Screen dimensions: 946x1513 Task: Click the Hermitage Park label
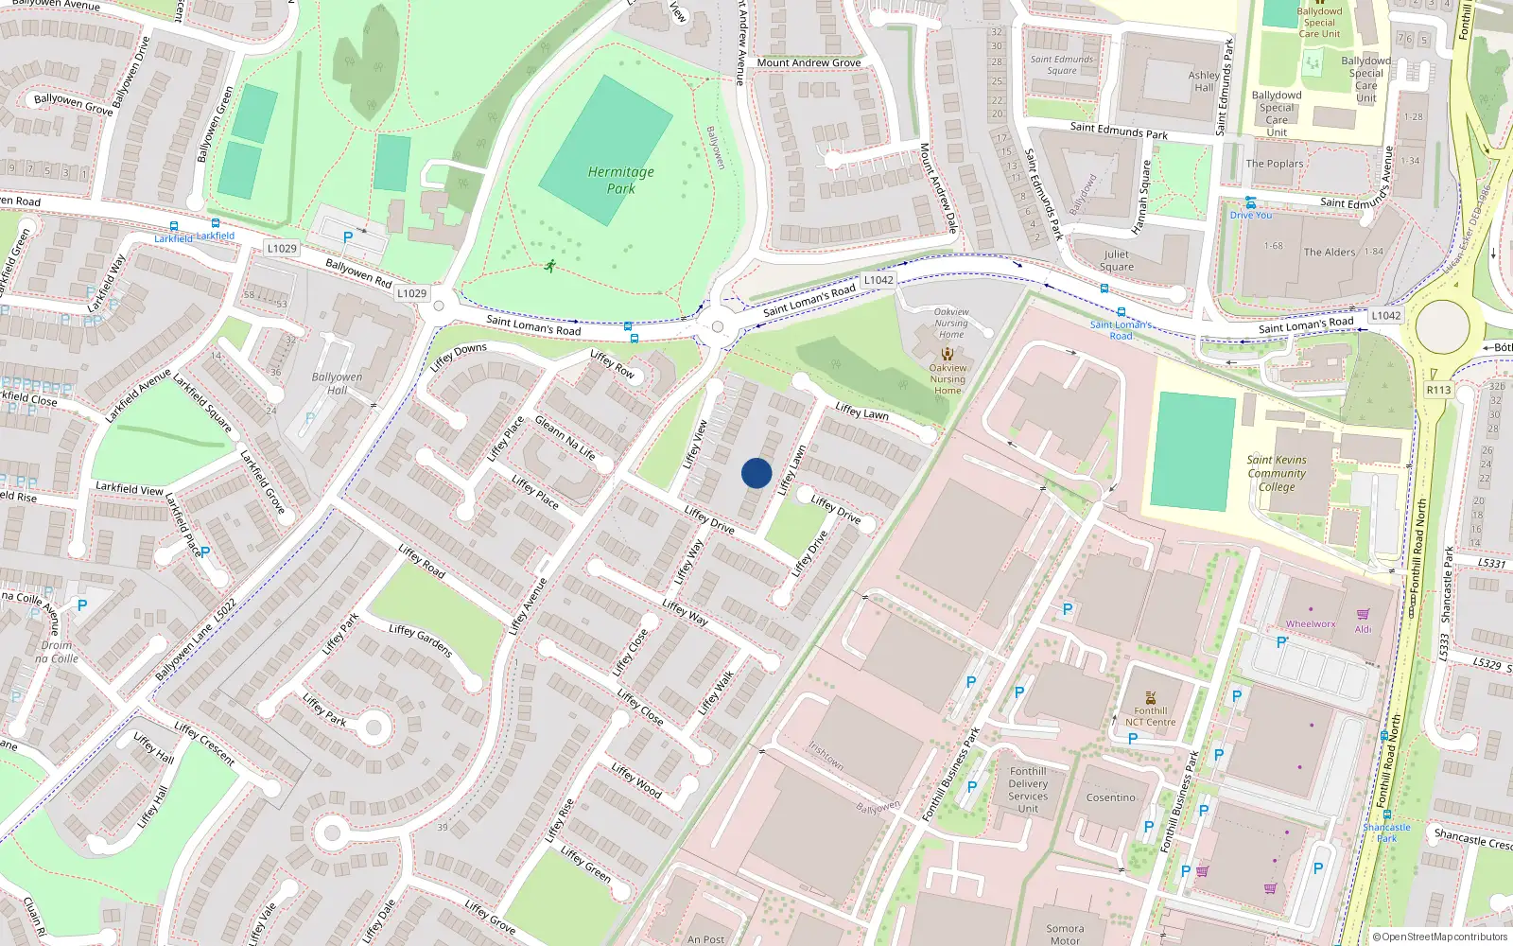pos(620,180)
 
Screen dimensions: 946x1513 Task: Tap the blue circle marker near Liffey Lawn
pos(756,473)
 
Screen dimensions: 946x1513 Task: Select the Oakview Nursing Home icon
pos(948,354)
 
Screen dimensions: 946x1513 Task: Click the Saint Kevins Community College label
pos(1277,473)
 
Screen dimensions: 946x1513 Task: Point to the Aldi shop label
pos(1363,629)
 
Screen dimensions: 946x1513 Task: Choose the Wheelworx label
pos(1311,624)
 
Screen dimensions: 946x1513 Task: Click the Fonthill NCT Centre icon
pos(1151,698)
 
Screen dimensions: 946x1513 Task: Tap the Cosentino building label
pos(1110,797)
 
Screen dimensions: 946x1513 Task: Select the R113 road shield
pos(1438,390)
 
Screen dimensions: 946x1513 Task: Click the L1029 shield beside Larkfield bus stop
pos(282,249)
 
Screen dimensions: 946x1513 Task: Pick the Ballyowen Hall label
pos(337,383)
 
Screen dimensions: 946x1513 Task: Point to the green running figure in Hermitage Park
pos(550,266)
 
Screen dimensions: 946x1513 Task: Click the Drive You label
pos(1251,216)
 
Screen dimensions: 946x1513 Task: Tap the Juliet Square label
pos(1116,260)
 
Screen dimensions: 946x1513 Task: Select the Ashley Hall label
pos(1204,81)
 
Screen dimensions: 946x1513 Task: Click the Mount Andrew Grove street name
pos(809,63)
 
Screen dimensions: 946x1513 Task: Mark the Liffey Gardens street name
pos(421,641)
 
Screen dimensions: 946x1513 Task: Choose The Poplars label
pos(1274,164)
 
